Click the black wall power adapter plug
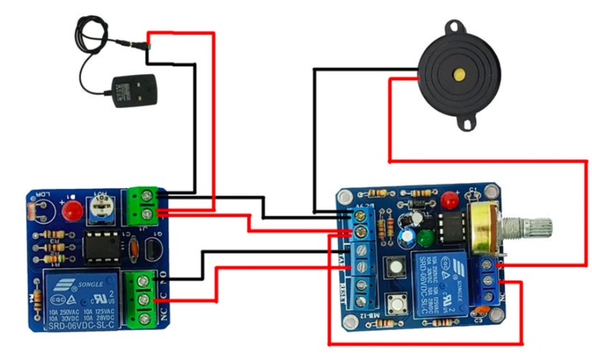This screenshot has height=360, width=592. click(x=133, y=90)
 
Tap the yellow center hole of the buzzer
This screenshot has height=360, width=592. click(x=458, y=74)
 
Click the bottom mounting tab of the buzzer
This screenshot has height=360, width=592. click(x=464, y=120)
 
